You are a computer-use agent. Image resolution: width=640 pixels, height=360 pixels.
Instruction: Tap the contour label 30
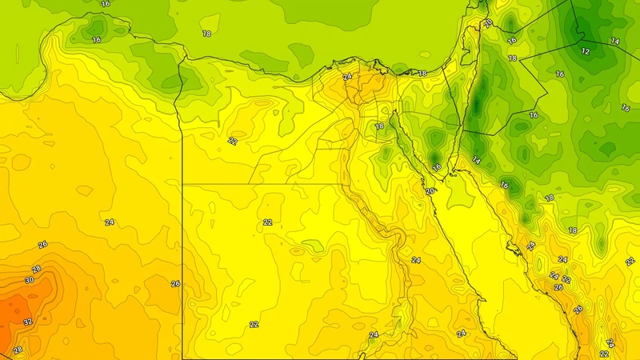coord(30,280)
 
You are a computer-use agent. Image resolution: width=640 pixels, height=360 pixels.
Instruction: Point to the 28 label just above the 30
coord(36,270)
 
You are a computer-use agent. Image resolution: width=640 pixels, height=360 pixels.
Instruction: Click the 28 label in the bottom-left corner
coord(18,350)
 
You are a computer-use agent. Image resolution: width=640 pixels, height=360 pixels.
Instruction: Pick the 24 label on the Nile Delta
coord(346,77)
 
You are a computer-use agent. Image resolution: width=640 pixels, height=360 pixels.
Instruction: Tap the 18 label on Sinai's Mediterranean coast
coord(422,74)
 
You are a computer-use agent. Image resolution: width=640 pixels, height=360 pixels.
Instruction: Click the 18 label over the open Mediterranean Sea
coord(206,34)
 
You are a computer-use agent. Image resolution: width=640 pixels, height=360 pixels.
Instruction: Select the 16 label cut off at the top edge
coord(106,3)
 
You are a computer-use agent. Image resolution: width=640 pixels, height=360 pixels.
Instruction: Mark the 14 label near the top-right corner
coord(614,41)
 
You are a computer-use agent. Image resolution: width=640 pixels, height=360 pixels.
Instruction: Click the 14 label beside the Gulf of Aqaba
coord(476,160)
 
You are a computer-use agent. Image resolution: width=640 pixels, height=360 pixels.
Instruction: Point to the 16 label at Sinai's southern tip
coord(436,166)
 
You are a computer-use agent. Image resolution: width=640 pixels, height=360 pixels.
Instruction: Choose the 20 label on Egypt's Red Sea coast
coord(430,191)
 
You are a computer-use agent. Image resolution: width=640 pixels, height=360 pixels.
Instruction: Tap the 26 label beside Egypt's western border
coord(175,284)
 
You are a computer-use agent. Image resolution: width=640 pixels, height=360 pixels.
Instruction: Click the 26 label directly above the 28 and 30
coord(42,245)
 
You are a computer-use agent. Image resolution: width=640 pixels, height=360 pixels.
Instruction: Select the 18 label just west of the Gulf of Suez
coord(379,126)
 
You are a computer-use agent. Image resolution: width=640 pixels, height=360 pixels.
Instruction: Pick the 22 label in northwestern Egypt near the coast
coord(232,141)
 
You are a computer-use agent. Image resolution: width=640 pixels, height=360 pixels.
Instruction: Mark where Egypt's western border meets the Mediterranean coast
coord(186,58)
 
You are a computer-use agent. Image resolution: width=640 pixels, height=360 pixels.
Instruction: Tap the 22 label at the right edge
coord(630,261)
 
